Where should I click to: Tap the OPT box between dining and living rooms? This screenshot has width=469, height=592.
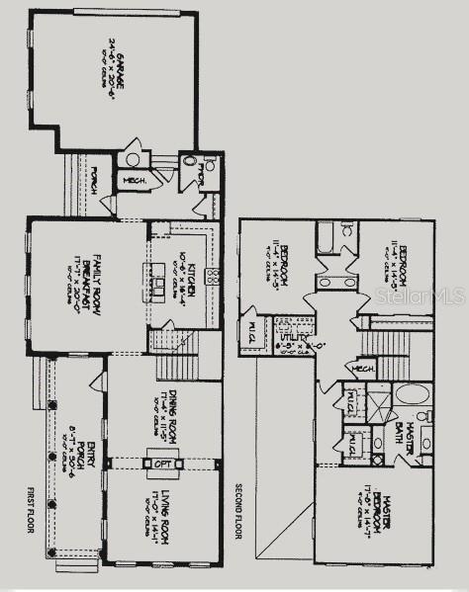click(x=162, y=463)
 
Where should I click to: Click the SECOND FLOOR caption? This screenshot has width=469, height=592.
click(x=238, y=510)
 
